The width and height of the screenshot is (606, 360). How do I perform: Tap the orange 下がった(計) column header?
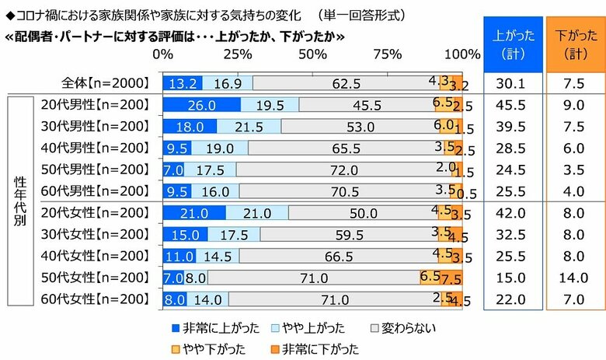coord(573,45)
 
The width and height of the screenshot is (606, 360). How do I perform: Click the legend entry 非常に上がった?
coord(200,327)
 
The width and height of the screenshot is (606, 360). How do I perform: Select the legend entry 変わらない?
coord(403,327)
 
